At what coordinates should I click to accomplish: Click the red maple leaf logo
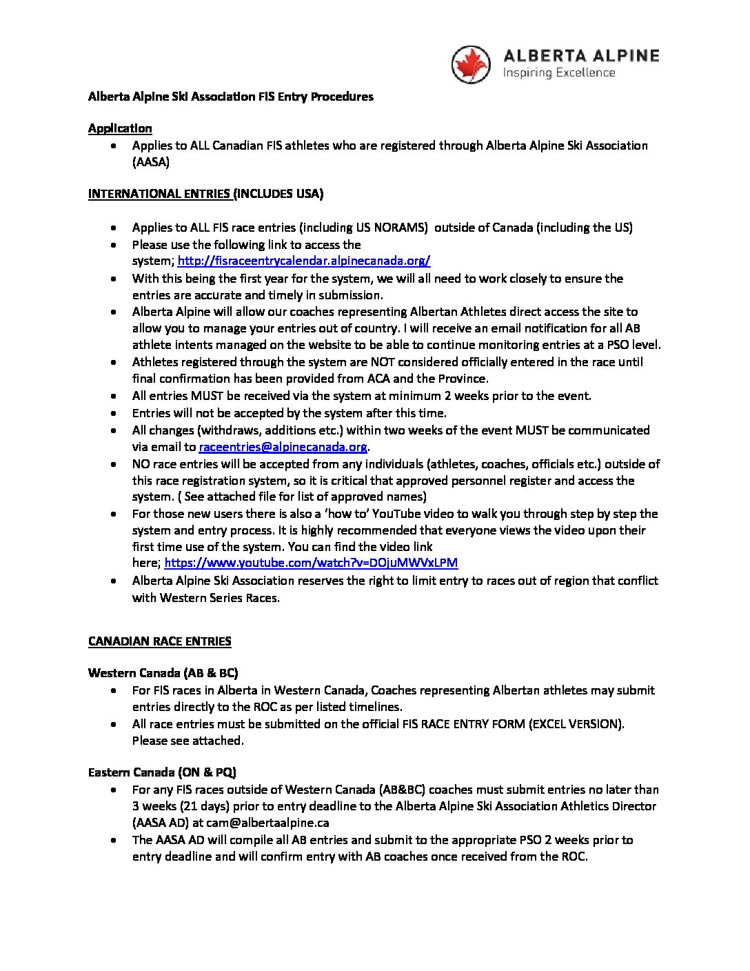[470, 64]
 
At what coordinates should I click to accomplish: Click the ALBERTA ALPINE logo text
[581, 56]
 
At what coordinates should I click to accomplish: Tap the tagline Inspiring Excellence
[559, 72]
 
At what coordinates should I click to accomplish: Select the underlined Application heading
[120, 128]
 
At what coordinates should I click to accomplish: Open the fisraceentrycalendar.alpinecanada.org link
[304, 261]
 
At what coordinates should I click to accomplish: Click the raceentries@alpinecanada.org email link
[283, 447]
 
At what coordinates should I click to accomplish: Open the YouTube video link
[311, 562]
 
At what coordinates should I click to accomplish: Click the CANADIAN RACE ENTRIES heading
[159, 641]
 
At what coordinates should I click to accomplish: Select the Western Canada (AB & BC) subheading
[163, 672]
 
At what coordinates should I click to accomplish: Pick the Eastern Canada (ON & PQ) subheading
[162, 772]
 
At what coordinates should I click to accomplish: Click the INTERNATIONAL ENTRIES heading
[161, 194]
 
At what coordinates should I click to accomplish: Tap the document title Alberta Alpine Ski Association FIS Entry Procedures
[230, 97]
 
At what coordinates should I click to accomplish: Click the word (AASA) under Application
[151, 162]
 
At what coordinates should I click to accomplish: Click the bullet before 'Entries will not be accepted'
[114, 413]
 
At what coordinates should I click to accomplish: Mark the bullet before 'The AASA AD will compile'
[114, 840]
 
